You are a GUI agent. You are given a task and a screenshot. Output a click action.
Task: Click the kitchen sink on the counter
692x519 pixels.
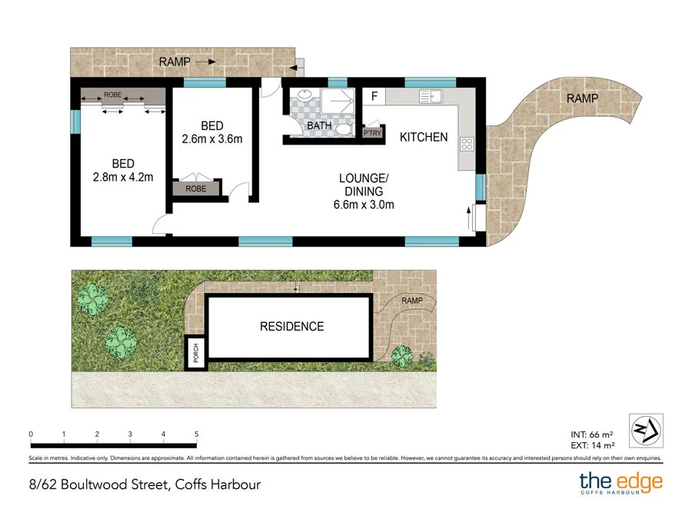429,97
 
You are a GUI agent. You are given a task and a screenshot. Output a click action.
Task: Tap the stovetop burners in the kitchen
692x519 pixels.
466,143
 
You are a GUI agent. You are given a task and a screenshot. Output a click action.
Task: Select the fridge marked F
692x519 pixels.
374,97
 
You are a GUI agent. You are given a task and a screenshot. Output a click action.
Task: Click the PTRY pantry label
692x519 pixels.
372,133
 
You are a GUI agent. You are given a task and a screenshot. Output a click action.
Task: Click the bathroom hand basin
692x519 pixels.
304,97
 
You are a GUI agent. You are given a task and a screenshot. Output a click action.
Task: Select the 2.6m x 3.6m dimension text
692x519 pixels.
212,139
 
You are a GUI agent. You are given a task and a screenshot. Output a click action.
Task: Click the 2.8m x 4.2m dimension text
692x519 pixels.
123,177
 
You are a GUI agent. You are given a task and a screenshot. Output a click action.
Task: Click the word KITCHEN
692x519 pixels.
423,137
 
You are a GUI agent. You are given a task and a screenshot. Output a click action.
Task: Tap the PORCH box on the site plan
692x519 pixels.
195,353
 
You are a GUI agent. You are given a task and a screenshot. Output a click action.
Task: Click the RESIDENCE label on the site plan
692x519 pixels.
291,326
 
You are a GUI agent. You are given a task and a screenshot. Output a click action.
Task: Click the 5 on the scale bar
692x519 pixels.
197,434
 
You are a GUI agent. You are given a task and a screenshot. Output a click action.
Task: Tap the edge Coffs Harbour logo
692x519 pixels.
620,484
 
